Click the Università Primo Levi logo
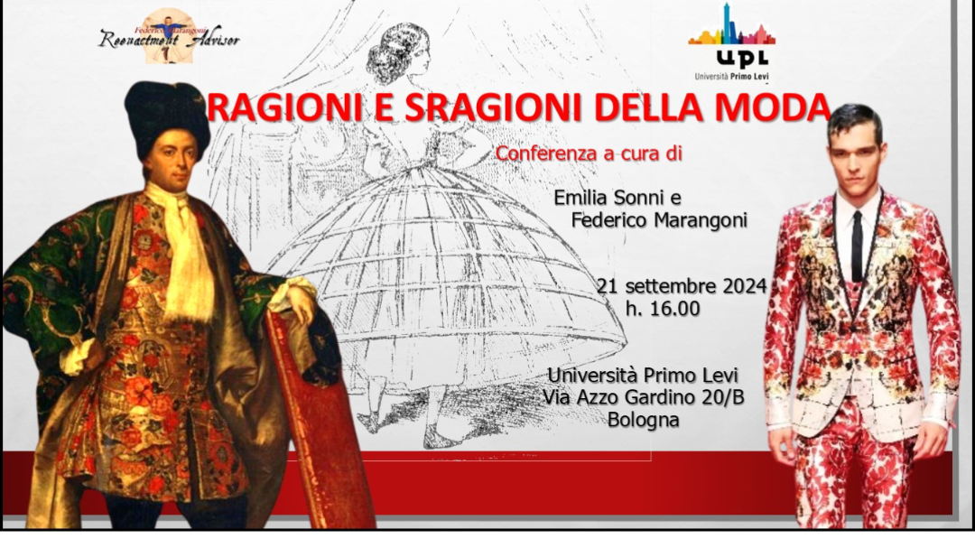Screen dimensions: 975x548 click(x=731, y=42)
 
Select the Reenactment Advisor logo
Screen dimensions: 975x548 click(x=169, y=37)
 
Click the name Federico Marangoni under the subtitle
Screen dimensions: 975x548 click(x=659, y=220)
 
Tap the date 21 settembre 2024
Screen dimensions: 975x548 click(x=682, y=286)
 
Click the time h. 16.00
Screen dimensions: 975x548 click(x=663, y=309)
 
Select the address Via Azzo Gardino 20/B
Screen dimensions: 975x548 click(x=643, y=397)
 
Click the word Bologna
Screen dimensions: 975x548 click(x=643, y=420)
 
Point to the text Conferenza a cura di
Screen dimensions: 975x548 click(x=589, y=153)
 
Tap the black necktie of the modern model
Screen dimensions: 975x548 click(x=857, y=246)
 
